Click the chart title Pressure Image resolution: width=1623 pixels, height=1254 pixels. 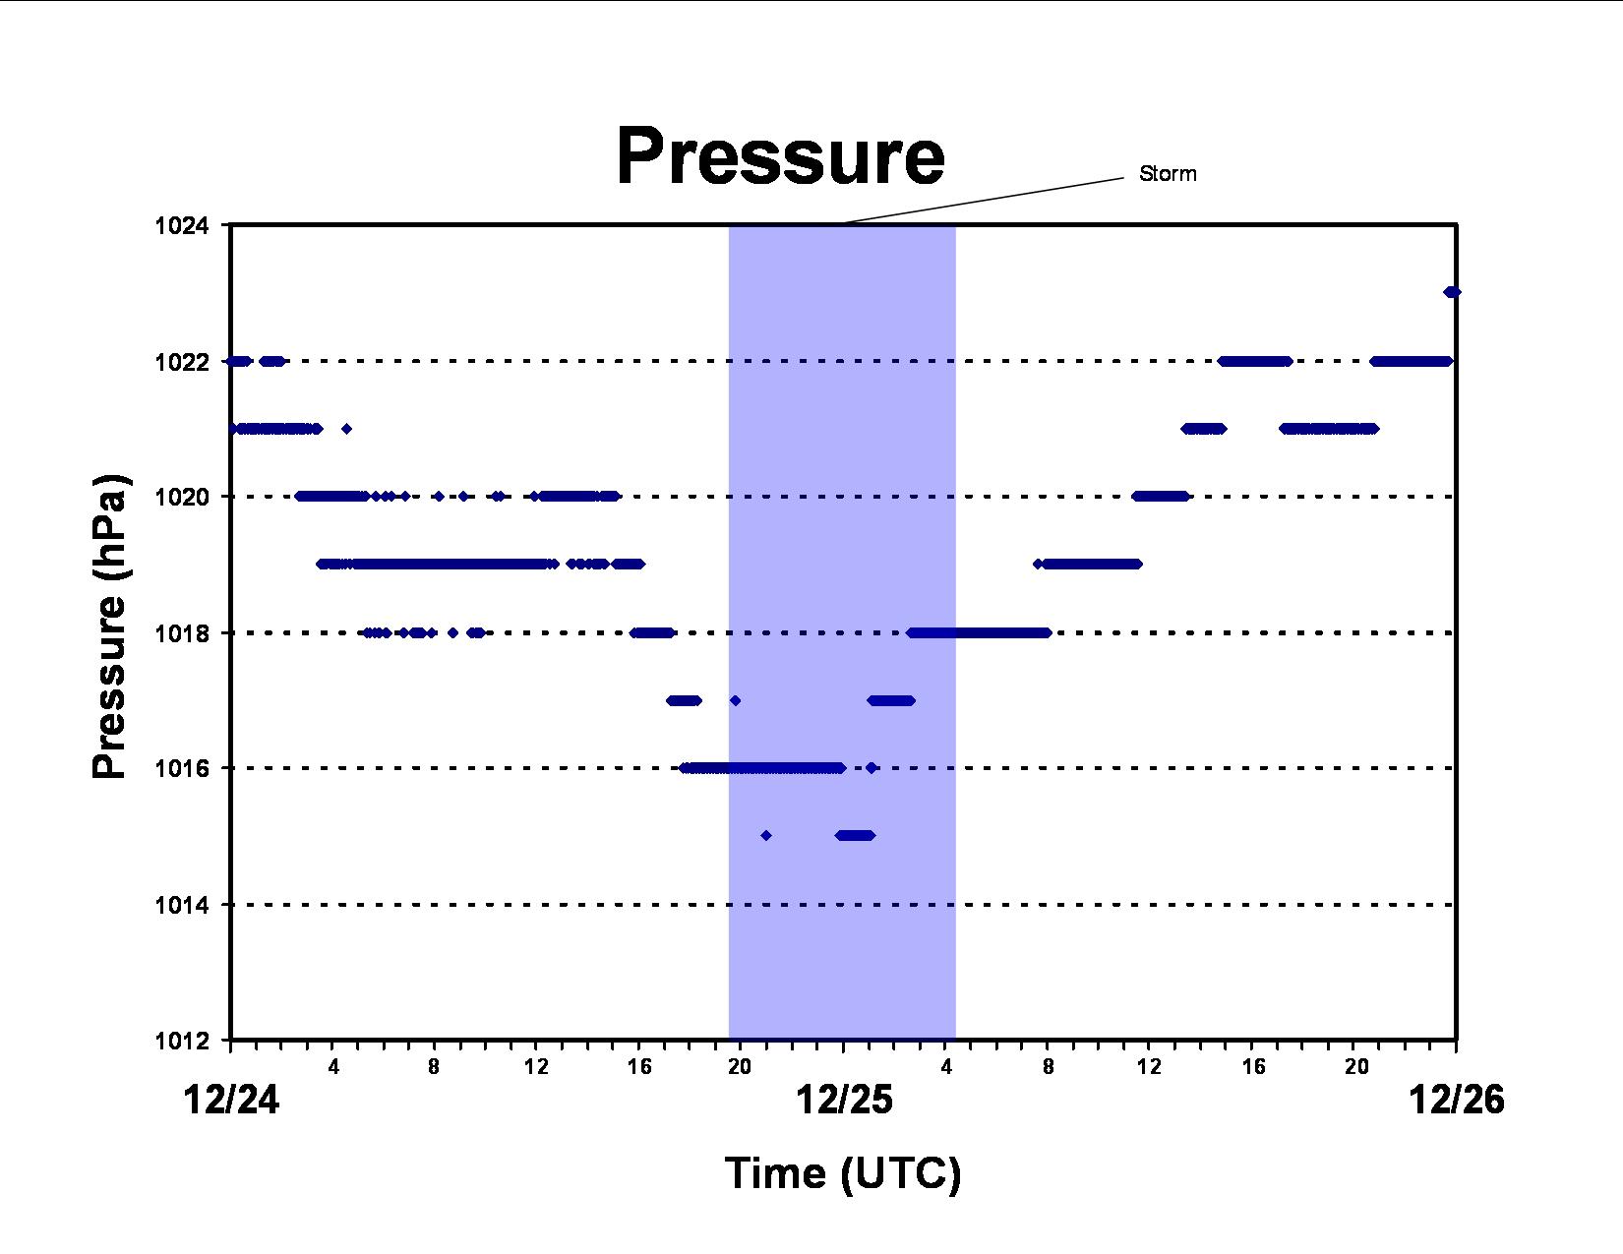[780, 156]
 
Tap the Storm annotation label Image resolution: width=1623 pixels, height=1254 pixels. [1168, 174]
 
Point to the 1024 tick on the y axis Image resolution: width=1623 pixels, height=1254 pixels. [182, 225]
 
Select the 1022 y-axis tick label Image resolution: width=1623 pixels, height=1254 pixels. [182, 362]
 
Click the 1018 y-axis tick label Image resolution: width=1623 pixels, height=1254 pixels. [182, 634]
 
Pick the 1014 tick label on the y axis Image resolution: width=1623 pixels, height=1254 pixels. [182, 906]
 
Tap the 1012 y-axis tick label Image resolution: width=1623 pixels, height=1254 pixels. [182, 1042]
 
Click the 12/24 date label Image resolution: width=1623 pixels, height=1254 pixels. [231, 1101]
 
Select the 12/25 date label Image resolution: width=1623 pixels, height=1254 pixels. [844, 1101]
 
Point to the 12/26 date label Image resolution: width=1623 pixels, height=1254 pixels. [1457, 1101]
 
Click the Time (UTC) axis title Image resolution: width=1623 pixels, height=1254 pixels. [843, 1173]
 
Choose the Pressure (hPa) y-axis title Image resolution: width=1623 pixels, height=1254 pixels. [109, 626]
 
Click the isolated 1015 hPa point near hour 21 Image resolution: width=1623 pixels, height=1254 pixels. [765, 836]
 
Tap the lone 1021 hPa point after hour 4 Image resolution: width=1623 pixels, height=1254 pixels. [346, 429]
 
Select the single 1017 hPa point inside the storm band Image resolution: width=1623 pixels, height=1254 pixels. [735, 700]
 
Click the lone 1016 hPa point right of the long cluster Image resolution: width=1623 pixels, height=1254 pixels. [871, 768]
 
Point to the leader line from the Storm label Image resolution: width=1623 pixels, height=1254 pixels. [985, 201]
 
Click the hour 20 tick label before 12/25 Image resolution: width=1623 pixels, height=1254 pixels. [740, 1067]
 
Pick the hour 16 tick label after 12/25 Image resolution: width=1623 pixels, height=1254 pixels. [1253, 1067]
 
